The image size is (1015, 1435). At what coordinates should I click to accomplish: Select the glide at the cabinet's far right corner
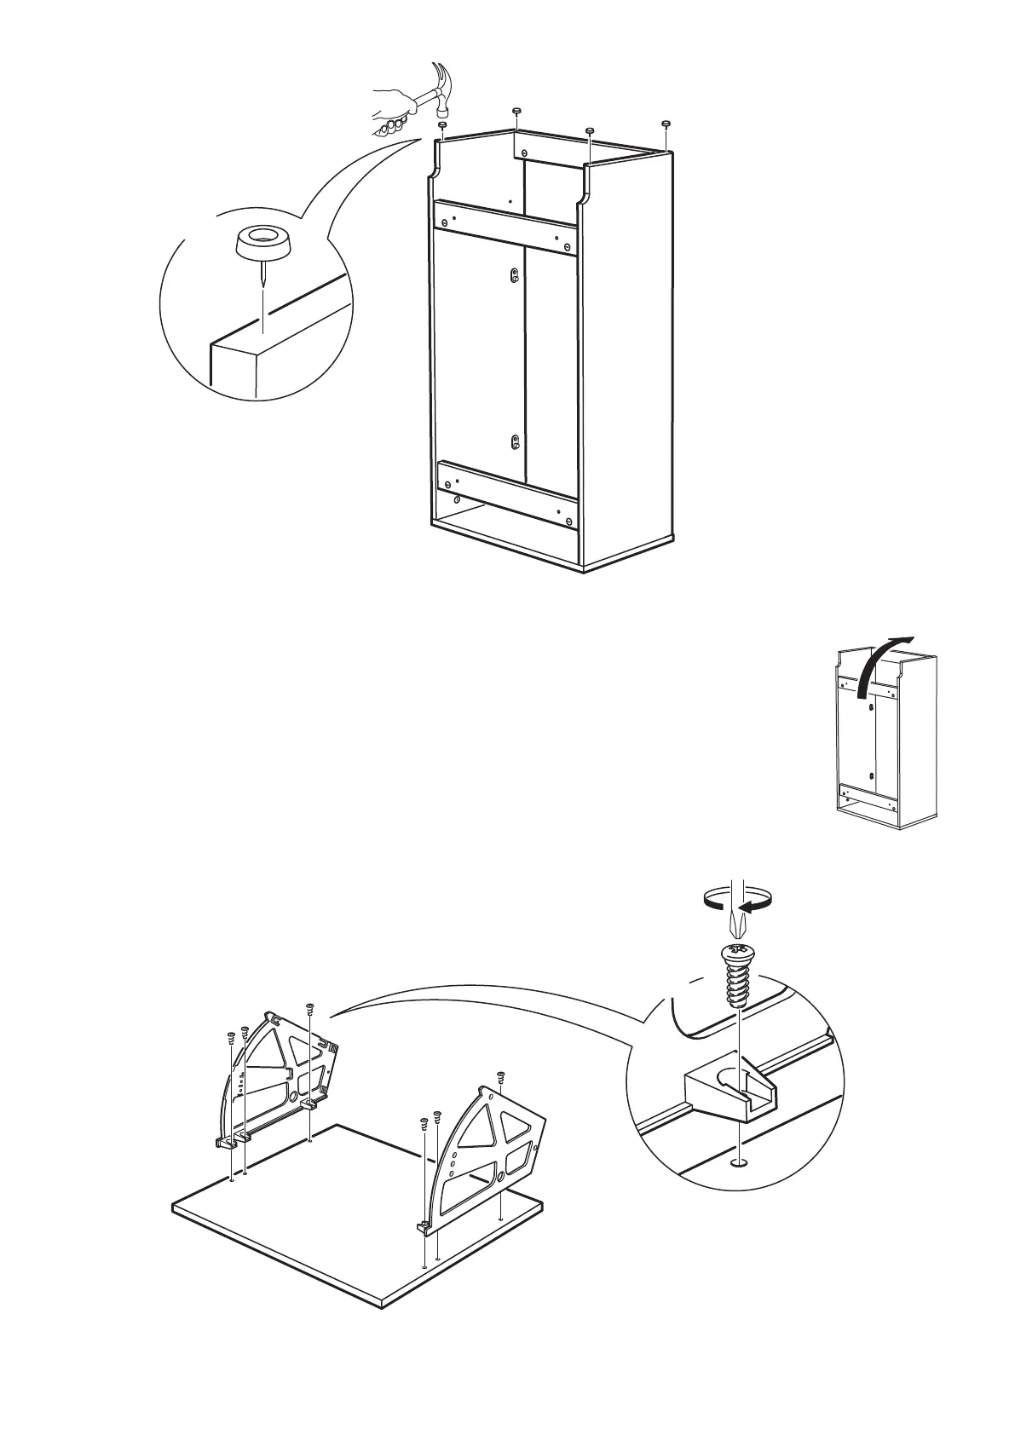click(666, 124)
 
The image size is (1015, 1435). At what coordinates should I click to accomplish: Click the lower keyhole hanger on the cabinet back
click(514, 441)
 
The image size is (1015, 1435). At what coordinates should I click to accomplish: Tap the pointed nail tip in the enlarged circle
click(263, 285)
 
